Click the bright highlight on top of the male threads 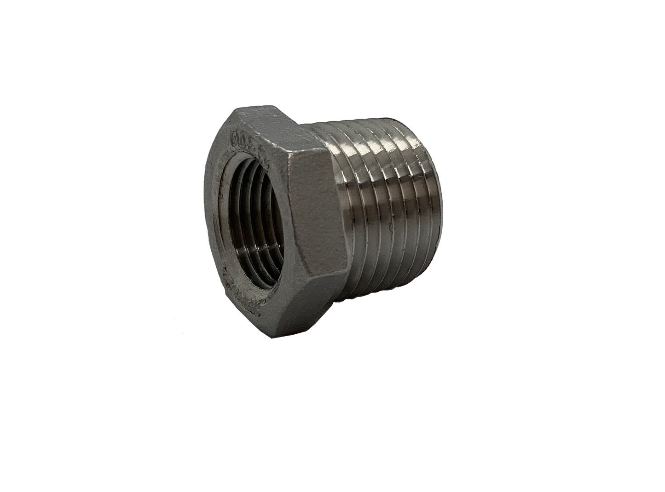368,138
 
